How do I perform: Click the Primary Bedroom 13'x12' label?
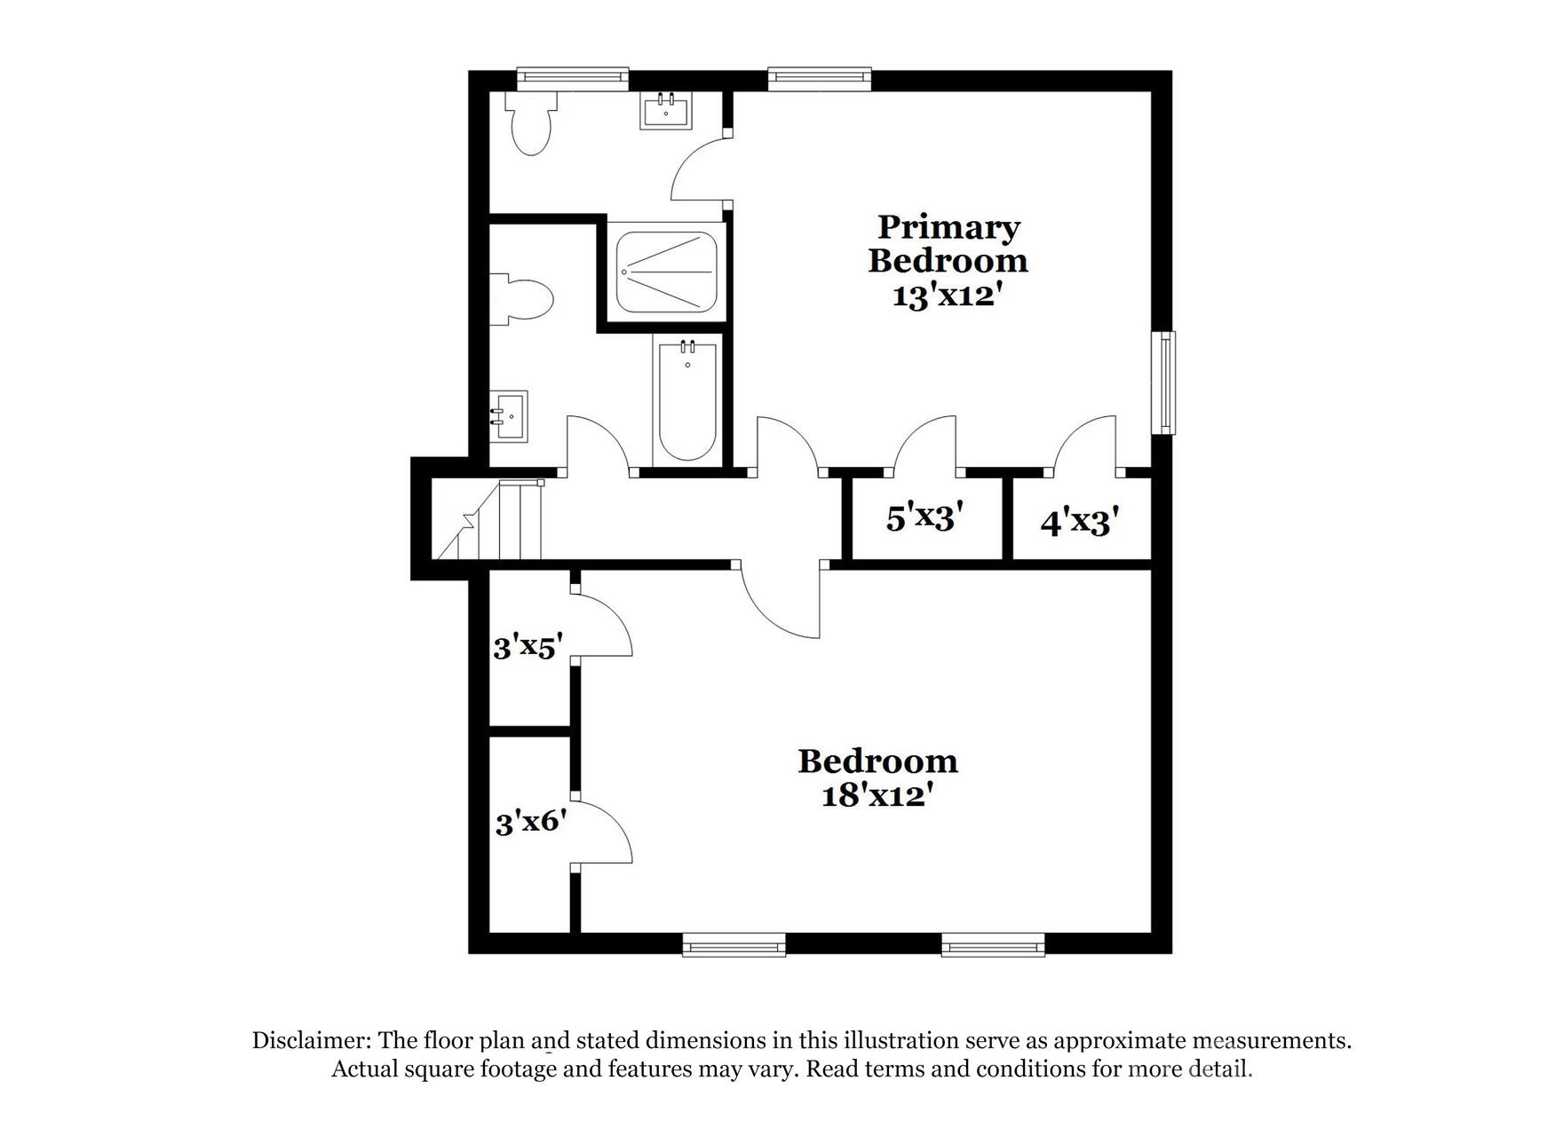pos(948,261)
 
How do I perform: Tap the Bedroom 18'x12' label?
pos(877,777)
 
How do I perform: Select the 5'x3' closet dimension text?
pos(924,517)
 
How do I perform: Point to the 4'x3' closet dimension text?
pos(1078,522)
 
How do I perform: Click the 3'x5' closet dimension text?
pos(528,647)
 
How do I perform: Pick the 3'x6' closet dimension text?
pos(530,822)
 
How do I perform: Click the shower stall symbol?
pos(666,272)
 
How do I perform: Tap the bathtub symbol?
pos(687,399)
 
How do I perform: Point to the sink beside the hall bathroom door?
pos(510,416)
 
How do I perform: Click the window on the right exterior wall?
pos(1163,383)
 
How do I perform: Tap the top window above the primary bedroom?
pos(819,79)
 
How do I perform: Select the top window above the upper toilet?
pos(572,79)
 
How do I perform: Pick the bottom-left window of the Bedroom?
pos(734,945)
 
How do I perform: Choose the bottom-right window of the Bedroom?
pos(993,945)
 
